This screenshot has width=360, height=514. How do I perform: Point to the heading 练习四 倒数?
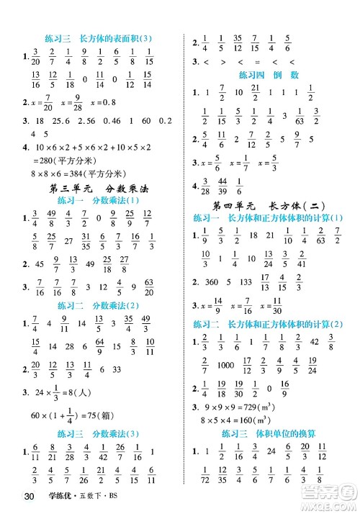[270, 74]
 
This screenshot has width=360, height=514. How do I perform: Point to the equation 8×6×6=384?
[56, 173]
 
